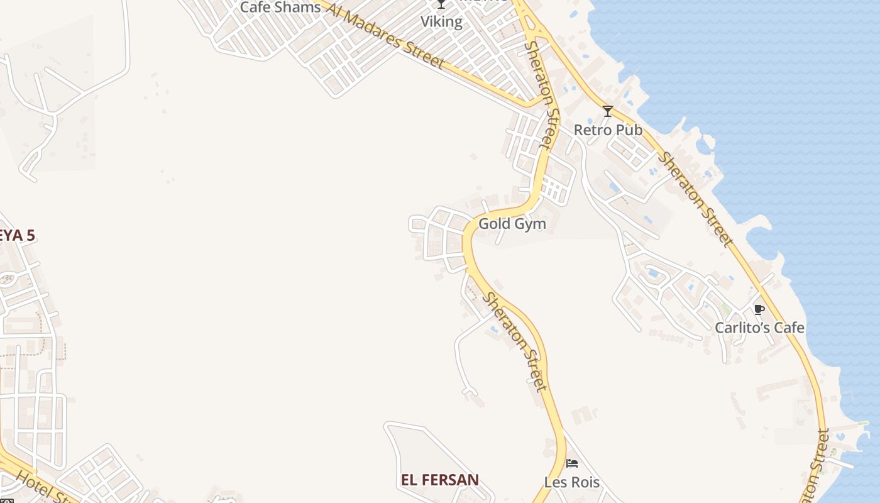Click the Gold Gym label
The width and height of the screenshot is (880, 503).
[512, 224]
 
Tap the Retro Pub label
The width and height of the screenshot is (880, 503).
[608, 130]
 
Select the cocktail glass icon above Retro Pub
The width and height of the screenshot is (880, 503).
[608, 111]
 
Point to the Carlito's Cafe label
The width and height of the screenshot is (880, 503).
[759, 328]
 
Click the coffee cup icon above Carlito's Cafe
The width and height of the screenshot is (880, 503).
[759, 309]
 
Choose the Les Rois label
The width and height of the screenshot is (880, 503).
[571, 483]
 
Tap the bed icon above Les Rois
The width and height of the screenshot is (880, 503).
[572, 463]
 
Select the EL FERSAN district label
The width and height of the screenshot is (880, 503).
[440, 480]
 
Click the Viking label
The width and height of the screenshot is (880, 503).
[441, 22]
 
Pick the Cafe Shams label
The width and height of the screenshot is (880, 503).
[280, 8]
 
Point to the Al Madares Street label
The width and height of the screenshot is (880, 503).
[386, 35]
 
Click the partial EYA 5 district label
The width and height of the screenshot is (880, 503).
[17, 236]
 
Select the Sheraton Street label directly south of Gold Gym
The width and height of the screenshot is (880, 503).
[514, 341]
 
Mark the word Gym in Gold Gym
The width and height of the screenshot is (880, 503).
[529, 224]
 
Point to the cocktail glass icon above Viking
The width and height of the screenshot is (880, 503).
[441, 4]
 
